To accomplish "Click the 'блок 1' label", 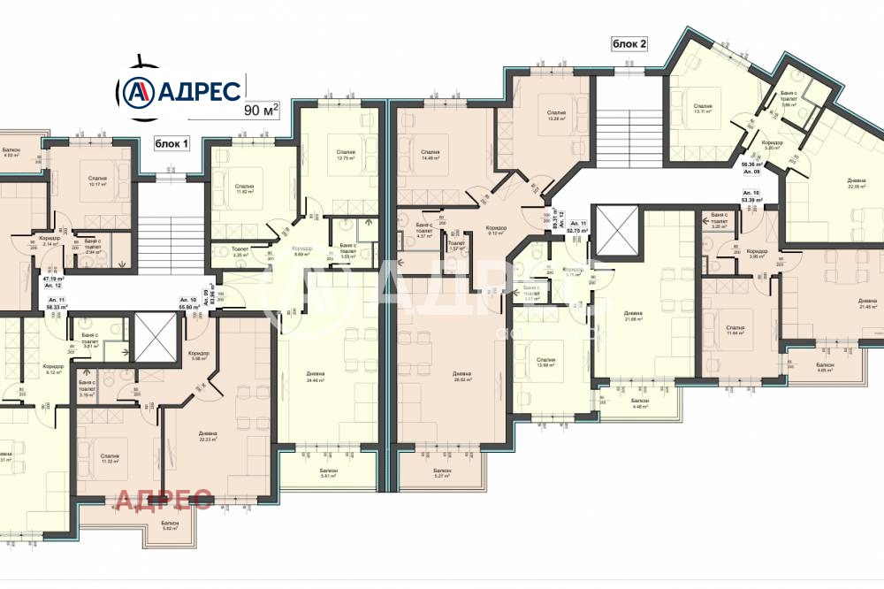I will click(x=172, y=143).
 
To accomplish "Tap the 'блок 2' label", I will click(x=630, y=42).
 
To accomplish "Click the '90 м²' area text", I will click(x=261, y=110).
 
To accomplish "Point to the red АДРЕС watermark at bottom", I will click(x=164, y=501).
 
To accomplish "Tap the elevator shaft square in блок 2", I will click(x=615, y=232).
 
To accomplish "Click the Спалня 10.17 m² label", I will click(x=97, y=182).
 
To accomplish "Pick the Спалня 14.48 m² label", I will click(x=431, y=156).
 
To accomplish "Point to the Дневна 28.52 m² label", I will click(x=459, y=377).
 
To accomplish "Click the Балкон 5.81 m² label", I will click(x=329, y=473).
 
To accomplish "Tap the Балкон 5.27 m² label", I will click(x=443, y=473).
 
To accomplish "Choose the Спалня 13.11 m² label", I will click(x=703, y=108).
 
